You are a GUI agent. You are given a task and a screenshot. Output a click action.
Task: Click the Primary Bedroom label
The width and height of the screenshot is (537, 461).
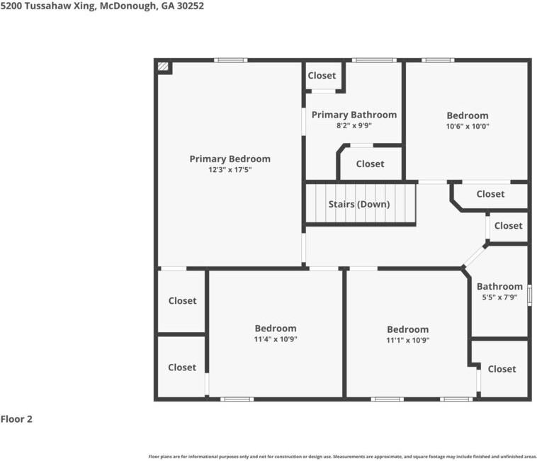coord(230,159)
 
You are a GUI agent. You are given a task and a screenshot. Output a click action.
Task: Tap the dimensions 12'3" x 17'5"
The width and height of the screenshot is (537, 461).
coord(230,169)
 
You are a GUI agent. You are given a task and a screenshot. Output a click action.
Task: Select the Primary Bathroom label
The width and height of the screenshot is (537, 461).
coord(354,115)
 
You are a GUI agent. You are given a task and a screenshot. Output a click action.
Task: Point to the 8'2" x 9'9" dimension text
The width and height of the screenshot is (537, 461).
coord(354,125)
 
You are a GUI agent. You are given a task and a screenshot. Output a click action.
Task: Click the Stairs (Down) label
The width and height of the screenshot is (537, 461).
coord(359,205)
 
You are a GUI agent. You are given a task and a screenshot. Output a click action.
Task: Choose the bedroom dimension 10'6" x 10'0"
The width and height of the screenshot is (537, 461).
coord(468,126)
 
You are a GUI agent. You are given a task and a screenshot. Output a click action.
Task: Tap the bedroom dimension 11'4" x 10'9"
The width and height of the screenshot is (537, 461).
coord(276,339)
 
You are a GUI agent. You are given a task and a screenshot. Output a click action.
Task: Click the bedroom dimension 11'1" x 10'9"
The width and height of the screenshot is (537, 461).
coord(407,340)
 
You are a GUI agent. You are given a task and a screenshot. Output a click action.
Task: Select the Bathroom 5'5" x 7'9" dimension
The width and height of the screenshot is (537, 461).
coord(499,297)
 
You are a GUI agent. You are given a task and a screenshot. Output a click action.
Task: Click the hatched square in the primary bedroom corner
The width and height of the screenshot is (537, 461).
coord(164,66)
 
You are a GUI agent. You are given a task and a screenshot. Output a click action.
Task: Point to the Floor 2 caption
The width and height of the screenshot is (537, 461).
coord(16,419)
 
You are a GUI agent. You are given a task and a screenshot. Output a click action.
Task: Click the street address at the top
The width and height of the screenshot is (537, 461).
coord(102,6)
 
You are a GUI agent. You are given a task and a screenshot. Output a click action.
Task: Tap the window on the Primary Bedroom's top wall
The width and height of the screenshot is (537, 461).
coord(231,60)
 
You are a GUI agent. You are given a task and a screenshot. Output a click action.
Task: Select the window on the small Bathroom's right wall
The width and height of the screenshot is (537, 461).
coord(529,295)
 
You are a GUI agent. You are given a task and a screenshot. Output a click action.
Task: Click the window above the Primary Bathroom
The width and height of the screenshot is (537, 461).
coord(374,60)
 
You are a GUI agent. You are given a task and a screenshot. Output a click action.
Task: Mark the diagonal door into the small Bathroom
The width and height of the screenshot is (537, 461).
coord(475,256)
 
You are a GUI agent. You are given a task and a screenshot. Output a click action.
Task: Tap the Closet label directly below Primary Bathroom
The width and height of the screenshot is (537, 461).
coord(370,164)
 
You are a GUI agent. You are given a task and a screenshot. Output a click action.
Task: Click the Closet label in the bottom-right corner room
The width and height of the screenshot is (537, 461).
coord(502,369)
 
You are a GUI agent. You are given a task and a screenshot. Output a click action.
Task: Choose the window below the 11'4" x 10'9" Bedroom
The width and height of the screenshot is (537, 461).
coord(237,399)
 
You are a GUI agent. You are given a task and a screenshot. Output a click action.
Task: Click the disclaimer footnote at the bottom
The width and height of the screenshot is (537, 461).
coord(342,457)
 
